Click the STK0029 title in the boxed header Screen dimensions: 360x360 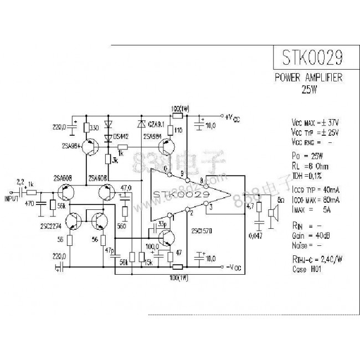click(311, 58)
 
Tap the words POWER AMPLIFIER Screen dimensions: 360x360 click(308, 78)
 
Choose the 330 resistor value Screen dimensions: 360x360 click(94, 128)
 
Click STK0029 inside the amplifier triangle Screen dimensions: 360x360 click(181, 195)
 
